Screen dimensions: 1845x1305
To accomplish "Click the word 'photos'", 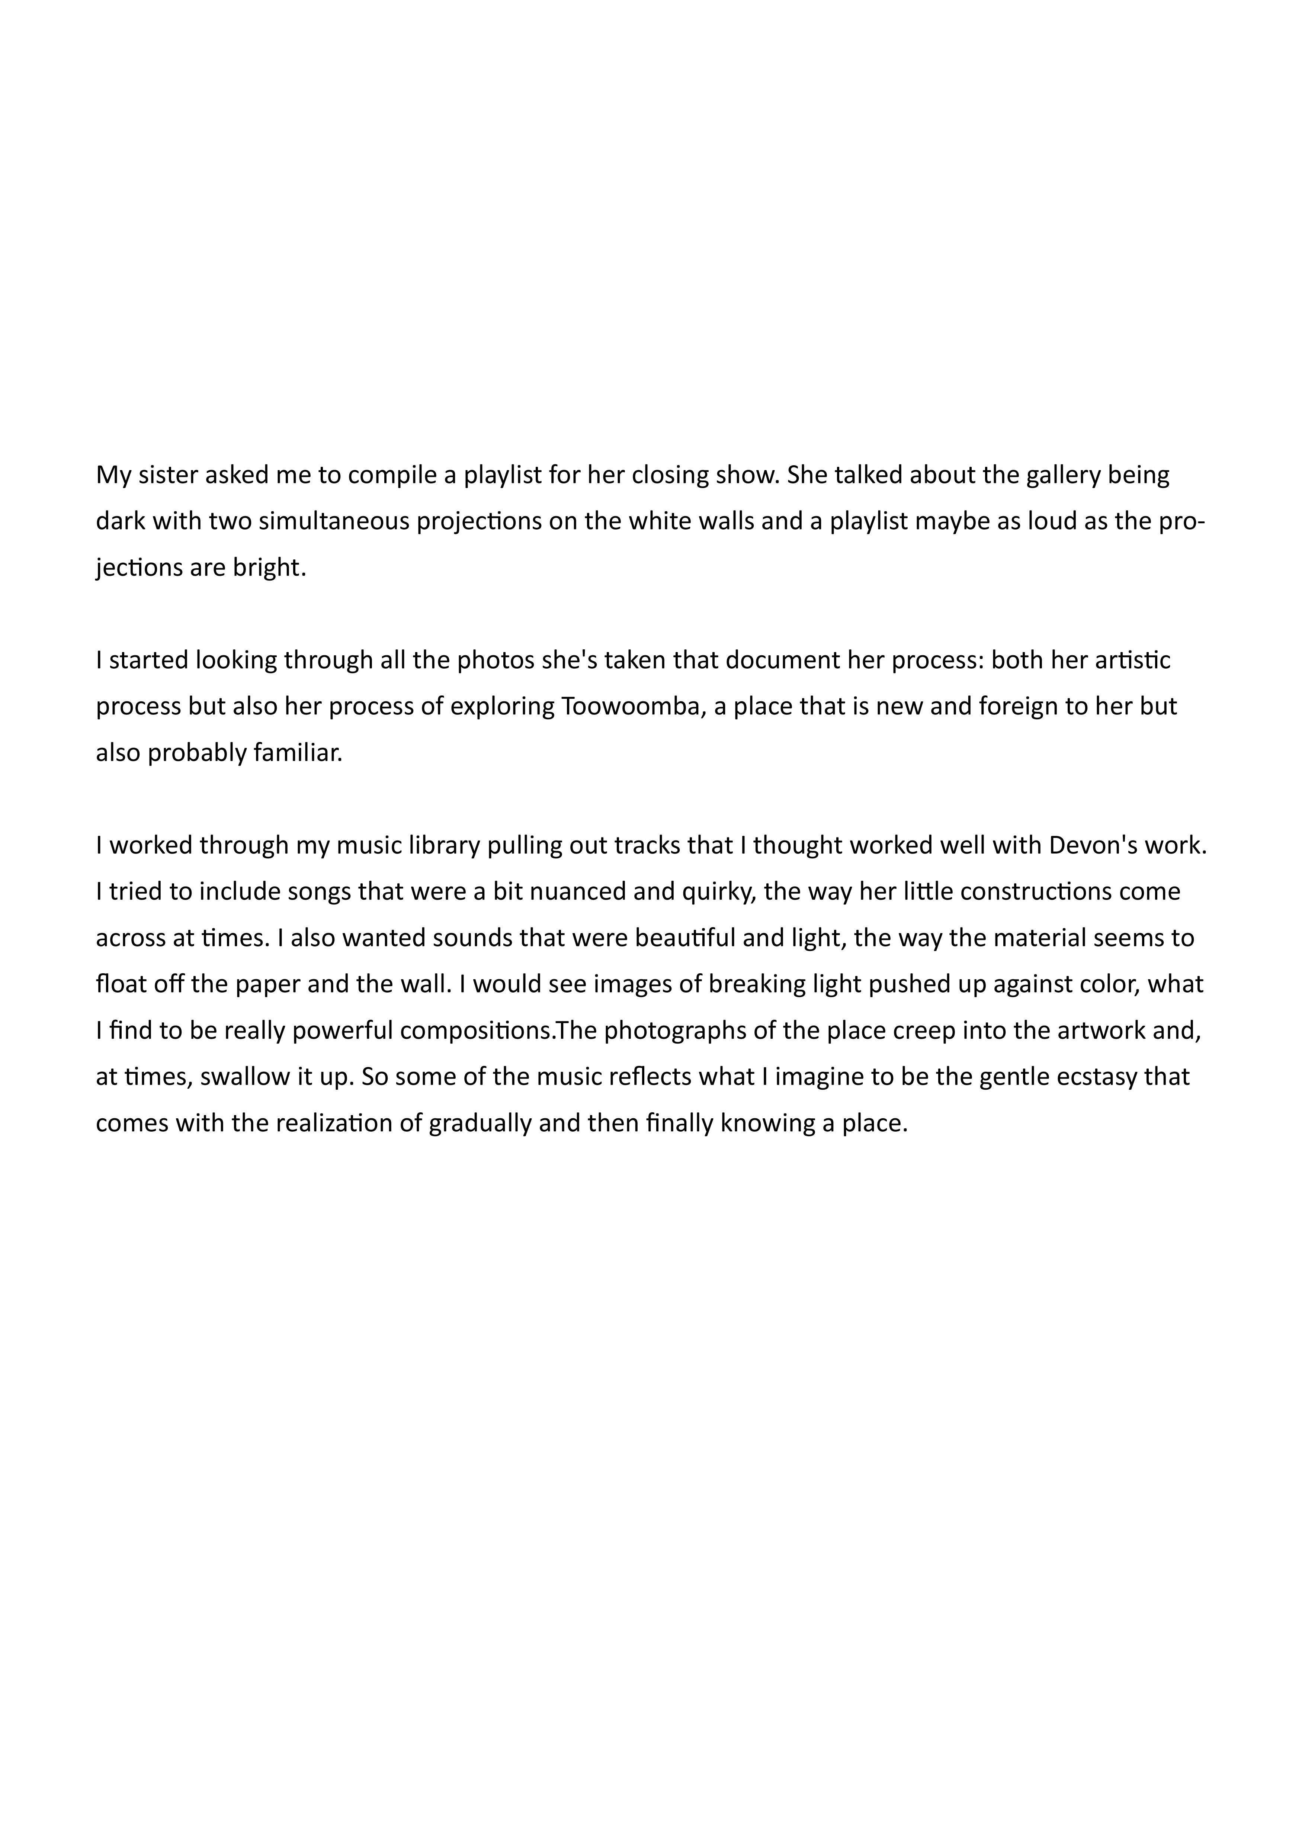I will pos(491,660).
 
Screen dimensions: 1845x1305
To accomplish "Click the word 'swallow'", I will pos(245,1077).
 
